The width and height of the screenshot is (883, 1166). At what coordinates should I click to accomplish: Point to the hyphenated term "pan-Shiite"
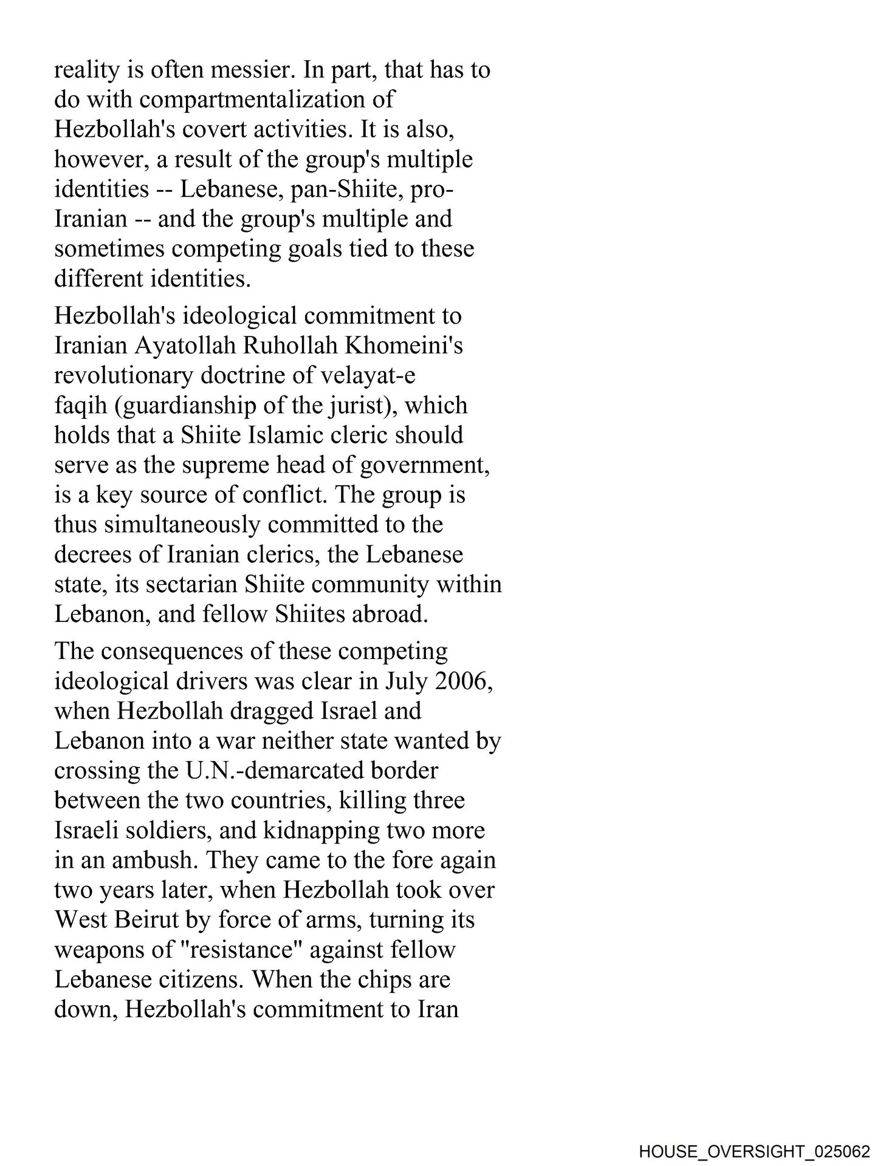click(x=347, y=189)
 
